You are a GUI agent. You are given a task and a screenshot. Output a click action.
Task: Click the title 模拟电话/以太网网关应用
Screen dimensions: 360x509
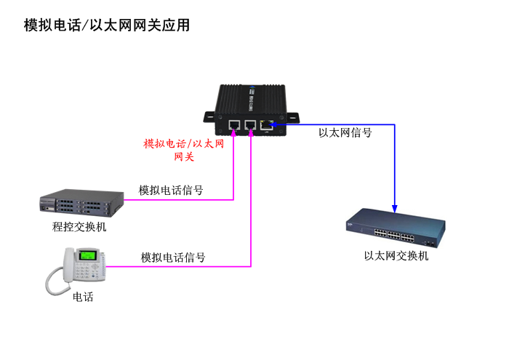pyautogui.click(x=107, y=25)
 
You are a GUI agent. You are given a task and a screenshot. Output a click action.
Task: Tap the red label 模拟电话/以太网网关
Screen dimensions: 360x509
pyautogui.click(x=184, y=150)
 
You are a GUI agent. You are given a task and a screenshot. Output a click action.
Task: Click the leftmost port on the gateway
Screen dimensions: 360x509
pyautogui.click(x=234, y=124)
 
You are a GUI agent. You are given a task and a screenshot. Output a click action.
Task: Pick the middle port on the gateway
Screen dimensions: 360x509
pyautogui.click(x=251, y=124)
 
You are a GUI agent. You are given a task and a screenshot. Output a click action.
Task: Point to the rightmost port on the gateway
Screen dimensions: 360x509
pyautogui.click(x=267, y=124)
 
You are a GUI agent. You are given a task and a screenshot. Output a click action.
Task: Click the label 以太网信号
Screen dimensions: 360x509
pyautogui.click(x=345, y=133)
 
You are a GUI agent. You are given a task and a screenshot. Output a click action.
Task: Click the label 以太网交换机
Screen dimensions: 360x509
pyautogui.click(x=396, y=256)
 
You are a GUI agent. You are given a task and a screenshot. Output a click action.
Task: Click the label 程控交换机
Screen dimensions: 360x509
pyautogui.click(x=79, y=227)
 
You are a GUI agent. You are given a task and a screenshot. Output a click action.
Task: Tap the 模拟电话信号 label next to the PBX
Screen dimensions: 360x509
pyautogui.click(x=171, y=191)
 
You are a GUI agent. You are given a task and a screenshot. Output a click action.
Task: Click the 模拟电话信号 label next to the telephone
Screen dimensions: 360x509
pyautogui.click(x=173, y=257)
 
